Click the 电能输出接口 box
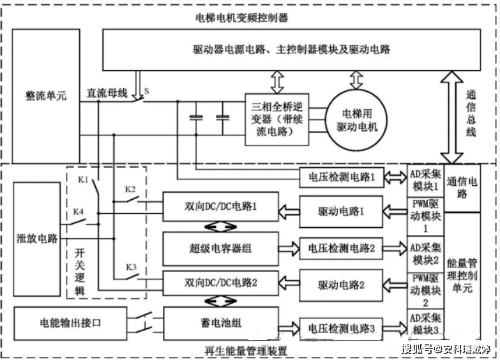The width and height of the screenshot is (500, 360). coord(70,322)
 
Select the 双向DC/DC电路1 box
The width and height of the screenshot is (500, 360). coord(221,208)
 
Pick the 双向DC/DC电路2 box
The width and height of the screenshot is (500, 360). coord(221,283)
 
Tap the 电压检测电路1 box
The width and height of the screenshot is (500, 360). coord(342,176)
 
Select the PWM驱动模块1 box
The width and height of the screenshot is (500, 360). coord(425,214)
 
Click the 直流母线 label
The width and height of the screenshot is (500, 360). coord(107,93)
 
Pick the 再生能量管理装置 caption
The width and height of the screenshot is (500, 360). coord(246,350)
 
